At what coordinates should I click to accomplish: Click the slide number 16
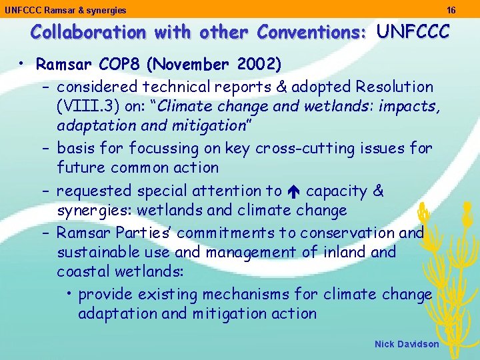(451, 10)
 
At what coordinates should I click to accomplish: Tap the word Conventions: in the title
(312, 32)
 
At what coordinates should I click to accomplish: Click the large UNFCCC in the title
(413, 31)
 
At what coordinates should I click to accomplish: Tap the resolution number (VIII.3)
(86, 105)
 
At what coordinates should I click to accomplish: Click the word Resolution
(395, 87)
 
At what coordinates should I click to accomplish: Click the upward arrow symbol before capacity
(294, 191)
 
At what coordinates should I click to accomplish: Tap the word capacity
(336, 191)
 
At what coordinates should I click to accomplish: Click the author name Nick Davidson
(407, 344)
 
